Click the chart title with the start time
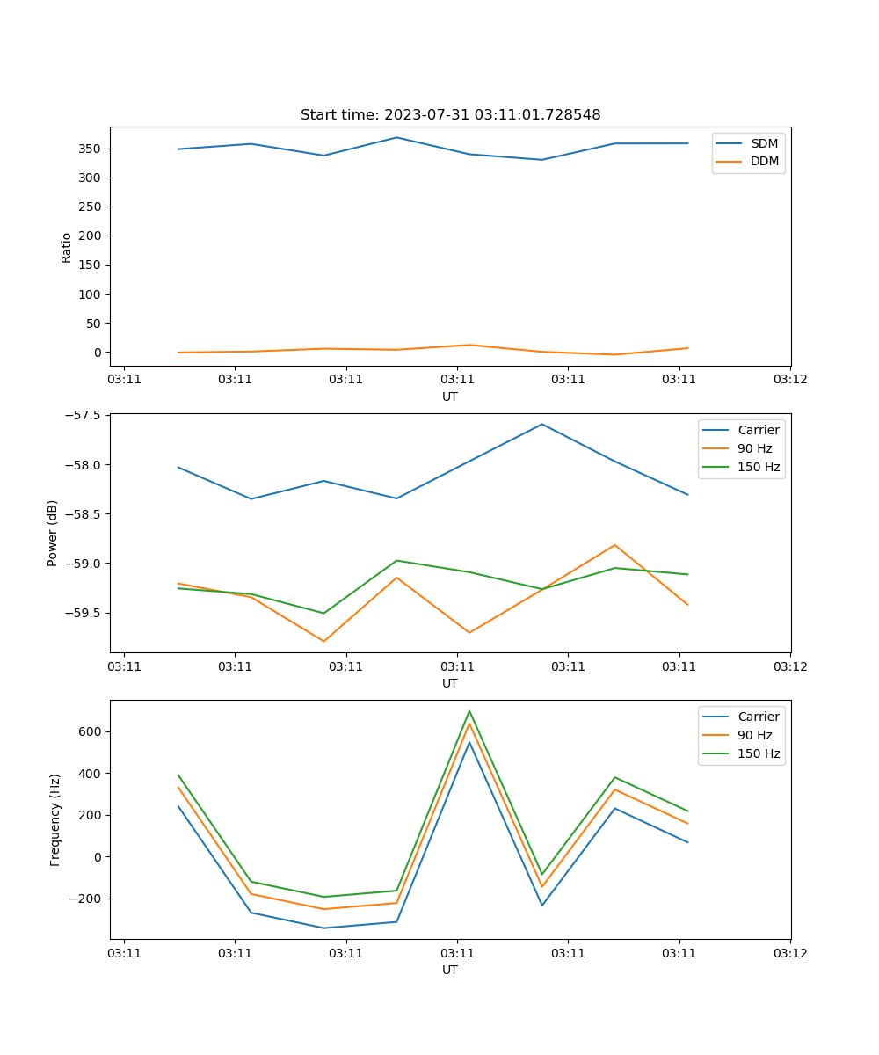click(x=450, y=115)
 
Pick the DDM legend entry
click(x=764, y=161)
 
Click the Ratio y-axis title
click(x=67, y=247)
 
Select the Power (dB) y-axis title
click(x=53, y=533)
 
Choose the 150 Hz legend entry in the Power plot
click(x=759, y=467)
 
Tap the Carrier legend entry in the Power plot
click(x=759, y=430)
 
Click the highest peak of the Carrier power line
click(x=542, y=424)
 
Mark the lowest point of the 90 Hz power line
click(x=323, y=642)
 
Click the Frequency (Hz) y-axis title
click(x=54, y=819)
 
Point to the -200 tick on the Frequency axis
click(x=87, y=899)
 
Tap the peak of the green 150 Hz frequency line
click(x=469, y=710)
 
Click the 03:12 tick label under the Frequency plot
click(x=790, y=952)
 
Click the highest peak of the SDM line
click(x=396, y=137)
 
